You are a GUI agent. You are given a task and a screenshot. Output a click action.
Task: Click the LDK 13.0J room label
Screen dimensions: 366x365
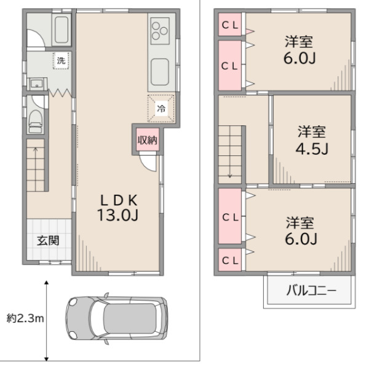pyautogui.click(x=118, y=208)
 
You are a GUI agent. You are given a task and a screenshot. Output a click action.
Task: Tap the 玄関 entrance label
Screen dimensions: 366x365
pyautogui.click(x=48, y=240)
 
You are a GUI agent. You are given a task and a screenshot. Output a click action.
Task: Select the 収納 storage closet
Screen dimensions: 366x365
pyautogui.click(x=148, y=139)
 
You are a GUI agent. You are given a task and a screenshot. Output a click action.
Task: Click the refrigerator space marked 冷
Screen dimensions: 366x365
pyautogui.click(x=161, y=108)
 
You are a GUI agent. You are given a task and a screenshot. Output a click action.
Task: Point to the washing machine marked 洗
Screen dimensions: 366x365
pyautogui.click(x=61, y=61)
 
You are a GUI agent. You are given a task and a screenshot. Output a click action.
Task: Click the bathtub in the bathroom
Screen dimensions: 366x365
pyautogui.click(x=62, y=29)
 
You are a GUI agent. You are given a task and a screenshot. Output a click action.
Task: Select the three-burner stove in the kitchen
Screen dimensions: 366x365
pyautogui.click(x=160, y=31)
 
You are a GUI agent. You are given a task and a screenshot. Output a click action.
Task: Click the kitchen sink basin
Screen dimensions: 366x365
pyautogui.click(x=160, y=72)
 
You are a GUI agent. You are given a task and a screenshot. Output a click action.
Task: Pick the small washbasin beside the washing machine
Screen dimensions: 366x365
pyautogui.click(x=37, y=84)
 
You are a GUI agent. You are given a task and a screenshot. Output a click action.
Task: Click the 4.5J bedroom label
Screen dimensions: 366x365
pyautogui.click(x=312, y=141)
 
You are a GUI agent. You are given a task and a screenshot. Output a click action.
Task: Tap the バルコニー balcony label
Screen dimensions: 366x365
pyautogui.click(x=311, y=291)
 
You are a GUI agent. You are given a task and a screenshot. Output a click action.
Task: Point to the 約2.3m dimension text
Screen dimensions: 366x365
pyautogui.click(x=25, y=318)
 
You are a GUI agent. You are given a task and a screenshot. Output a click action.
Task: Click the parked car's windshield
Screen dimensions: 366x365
pyautogui.click(x=98, y=318)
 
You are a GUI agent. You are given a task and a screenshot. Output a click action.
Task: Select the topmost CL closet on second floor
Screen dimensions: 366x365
pyautogui.click(x=229, y=25)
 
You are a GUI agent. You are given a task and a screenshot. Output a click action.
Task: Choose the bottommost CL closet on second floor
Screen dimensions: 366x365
pyautogui.click(x=230, y=260)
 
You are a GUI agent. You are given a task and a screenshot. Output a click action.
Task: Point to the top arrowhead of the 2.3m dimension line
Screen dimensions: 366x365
pyautogui.click(x=47, y=283)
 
